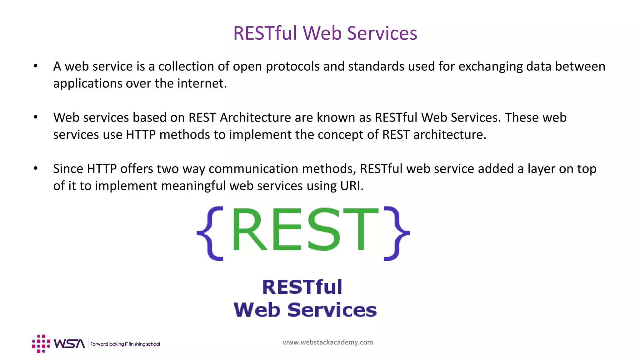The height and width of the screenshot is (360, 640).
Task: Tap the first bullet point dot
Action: coord(36,66)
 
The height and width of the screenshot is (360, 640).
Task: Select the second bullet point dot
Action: coord(36,117)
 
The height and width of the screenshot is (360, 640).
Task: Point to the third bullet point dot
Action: coord(36,168)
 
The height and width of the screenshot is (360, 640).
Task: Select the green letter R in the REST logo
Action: coord(249,230)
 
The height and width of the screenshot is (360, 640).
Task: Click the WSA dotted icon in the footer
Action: coord(41,343)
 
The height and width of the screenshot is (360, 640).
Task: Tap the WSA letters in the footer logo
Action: coord(69,344)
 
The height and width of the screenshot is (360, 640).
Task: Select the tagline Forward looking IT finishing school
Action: coord(125,344)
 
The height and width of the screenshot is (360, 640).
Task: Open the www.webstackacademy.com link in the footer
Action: coord(328,342)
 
